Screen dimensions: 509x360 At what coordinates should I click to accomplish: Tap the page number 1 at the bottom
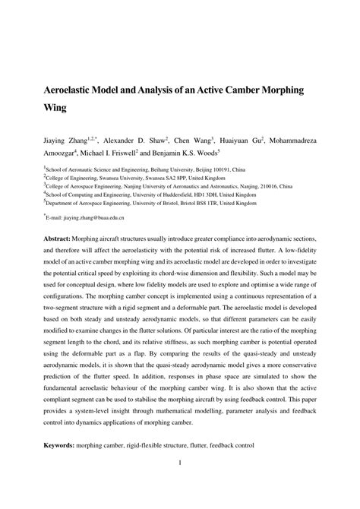[x=179, y=463]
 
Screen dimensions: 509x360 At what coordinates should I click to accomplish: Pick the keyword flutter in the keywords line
[x=218, y=444]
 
